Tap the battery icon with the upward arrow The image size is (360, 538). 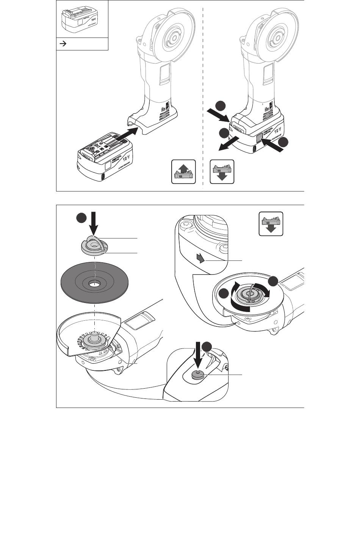[x=183, y=172]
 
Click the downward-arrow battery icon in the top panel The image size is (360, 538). [x=222, y=172]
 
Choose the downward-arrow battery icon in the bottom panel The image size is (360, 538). [x=271, y=223]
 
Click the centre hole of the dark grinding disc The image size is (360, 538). [x=93, y=283]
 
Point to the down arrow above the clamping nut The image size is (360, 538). [x=93, y=223]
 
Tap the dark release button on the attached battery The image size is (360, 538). [x=259, y=139]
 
